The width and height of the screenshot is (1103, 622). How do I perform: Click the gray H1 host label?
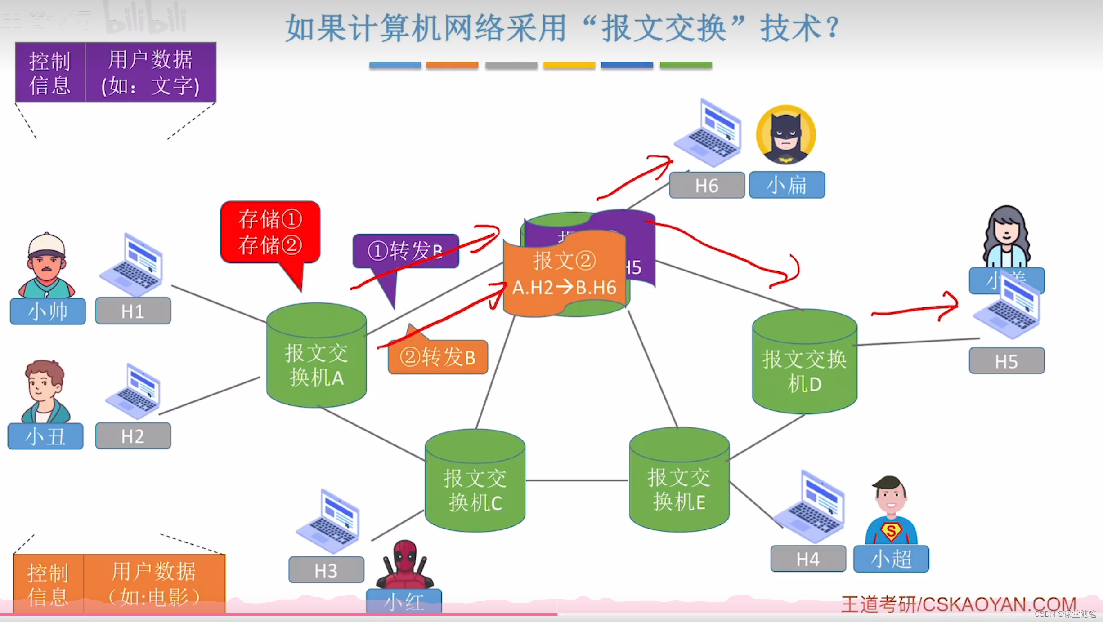(133, 311)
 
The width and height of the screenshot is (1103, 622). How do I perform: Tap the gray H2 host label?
(133, 436)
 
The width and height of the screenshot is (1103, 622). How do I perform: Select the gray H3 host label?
(326, 570)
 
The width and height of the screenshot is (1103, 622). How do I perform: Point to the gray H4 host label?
(808, 559)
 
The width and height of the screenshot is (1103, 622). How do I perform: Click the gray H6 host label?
(707, 185)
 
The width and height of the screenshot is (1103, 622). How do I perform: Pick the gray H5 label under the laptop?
(1007, 361)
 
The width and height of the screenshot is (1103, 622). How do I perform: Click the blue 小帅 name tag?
(48, 311)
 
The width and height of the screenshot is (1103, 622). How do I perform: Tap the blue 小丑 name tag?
(45, 436)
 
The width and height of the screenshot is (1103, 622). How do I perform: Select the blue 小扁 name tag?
(787, 185)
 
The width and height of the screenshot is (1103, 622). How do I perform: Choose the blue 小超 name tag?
(891, 559)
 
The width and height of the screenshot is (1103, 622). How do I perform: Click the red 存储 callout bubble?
(270, 232)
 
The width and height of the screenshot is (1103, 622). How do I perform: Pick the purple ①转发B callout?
(405, 251)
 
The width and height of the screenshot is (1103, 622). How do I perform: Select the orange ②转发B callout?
(438, 357)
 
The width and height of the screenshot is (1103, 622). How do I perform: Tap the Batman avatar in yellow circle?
(785, 135)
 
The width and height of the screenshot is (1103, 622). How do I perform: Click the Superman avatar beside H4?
(891, 512)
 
